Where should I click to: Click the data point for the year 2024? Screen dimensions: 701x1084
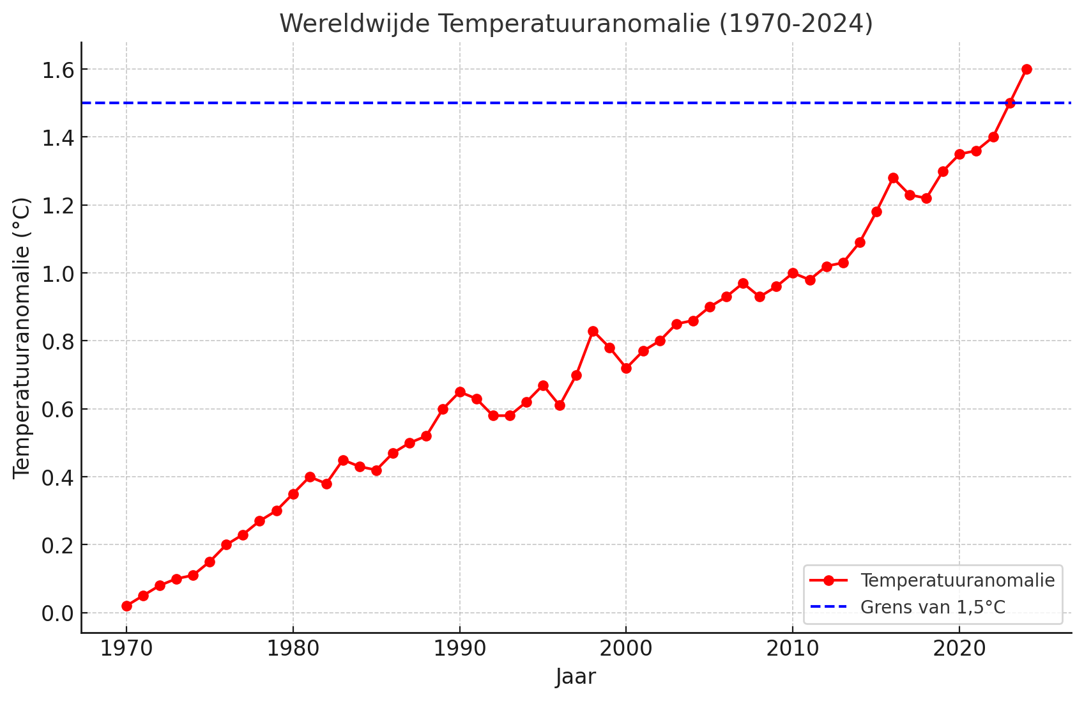click(x=1027, y=69)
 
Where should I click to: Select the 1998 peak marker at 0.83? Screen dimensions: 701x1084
click(x=593, y=331)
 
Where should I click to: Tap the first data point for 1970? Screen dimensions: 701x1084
click(x=126, y=606)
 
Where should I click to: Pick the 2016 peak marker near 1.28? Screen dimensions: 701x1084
click(x=893, y=178)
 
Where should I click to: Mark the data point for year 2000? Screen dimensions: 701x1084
click(x=626, y=368)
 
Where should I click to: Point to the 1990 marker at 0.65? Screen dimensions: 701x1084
click(x=460, y=392)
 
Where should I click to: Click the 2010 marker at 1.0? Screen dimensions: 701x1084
click(x=793, y=273)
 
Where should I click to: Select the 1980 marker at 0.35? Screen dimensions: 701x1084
click(x=293, y=494)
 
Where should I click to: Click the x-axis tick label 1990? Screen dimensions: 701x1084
click(x=459, y=649)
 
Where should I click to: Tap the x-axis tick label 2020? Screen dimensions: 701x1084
click(x=959, y=649)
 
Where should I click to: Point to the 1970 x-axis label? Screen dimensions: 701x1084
click(x=126, y=649)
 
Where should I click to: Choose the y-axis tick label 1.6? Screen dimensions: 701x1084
click(x=57, y=70)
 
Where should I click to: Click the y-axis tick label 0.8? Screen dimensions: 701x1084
click(x=57, y=341)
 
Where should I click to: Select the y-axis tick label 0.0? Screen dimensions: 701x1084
click(x=57, y=613)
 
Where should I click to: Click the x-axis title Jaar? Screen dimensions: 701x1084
click(x=576, y=677)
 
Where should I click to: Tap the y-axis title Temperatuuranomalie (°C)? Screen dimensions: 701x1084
click(x=22, y=337)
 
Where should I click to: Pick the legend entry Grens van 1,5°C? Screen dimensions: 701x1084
click(x=933, y=607)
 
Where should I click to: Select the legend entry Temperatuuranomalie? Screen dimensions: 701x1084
click(x=957, y=580)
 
